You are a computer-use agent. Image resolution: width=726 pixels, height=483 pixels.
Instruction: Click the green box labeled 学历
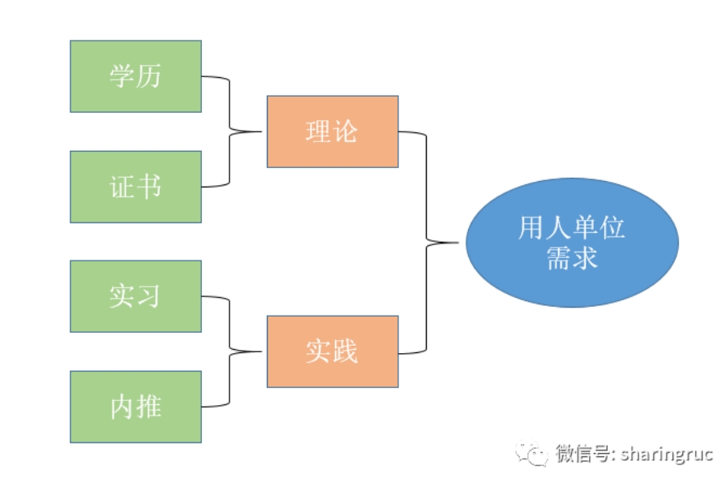[135, 76]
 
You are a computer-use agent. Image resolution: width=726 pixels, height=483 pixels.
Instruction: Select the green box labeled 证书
[135, 187]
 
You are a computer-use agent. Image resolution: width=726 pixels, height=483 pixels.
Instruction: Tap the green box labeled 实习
[135, 296]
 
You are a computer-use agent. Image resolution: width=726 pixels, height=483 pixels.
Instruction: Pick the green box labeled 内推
[135, 407]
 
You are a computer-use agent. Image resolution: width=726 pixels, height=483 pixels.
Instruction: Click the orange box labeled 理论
[333, 132]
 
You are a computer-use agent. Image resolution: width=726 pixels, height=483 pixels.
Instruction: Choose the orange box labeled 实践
[333, 351]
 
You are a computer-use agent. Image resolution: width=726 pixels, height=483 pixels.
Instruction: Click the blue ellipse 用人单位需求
[572, 243]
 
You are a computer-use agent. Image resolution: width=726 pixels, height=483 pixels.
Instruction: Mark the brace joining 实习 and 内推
[230, 351]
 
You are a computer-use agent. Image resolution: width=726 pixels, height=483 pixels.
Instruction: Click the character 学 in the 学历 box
[122, 76]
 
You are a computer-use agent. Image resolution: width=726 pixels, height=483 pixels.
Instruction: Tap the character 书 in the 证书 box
[148, 187]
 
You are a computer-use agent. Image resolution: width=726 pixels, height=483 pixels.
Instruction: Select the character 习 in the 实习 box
[148, 296]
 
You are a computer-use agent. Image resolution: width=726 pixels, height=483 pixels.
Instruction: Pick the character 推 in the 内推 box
[148, 407]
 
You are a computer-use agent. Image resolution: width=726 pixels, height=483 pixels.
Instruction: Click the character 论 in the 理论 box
[346, 132]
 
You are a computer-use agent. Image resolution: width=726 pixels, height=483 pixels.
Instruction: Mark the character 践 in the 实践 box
[346, 351]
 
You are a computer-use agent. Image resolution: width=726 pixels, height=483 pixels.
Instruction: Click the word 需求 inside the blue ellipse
[572, 257]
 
